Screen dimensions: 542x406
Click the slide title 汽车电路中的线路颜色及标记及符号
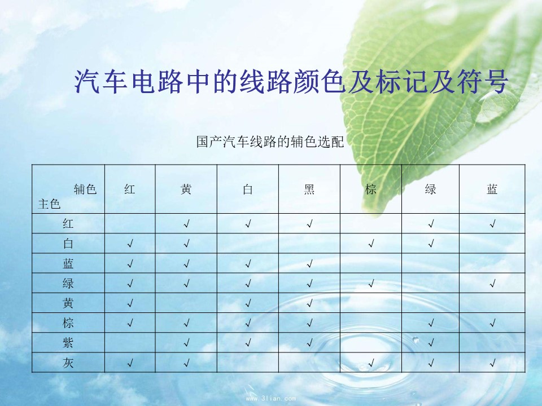[x=291, y=82]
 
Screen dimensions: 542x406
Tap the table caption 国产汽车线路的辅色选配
[x=270, y=142]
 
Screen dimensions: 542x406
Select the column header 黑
[x=309, y=189]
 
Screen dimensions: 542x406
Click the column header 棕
[x=370, y=189]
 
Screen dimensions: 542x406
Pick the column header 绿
[x=430, y=189]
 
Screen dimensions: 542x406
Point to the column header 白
[x=247, y=189]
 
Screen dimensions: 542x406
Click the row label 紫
[x=68, y=343]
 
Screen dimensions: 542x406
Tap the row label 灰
[x=68, y=363]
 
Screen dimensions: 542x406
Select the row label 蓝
[x=68, y=263]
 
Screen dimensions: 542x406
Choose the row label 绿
[x=68, y=283]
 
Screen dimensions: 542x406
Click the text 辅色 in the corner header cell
[x=85, y=189]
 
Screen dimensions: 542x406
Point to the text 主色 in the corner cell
[x=49, y=204]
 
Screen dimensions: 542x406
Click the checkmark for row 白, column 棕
[x=371, y=244]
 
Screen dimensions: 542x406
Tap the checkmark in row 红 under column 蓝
[x=492, y=224]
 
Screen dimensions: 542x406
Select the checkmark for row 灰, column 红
[x=130, y=363]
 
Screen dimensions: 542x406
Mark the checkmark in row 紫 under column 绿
[x=431, y=343]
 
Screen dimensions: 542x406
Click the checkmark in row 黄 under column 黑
[x=309, y=303]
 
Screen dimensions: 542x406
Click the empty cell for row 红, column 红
[x=130, y=223]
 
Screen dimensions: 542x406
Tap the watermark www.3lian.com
[x=270, y=399]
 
